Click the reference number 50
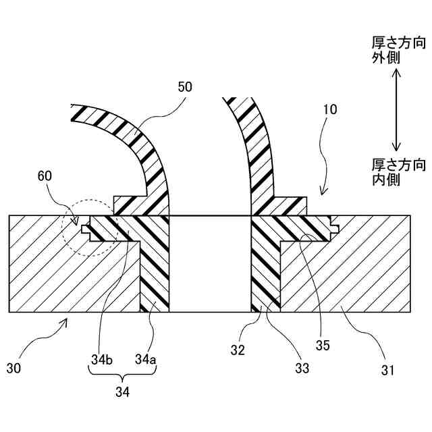click(x=184, y=87)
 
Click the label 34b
click(x=99, y=360)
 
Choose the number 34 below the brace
click(x=123, y=391)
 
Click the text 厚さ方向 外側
click(x=398, y=51)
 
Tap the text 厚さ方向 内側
click(x=398, y=172)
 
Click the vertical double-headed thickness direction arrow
click(x=397, y=111)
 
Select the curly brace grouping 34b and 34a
click(x=123, y=375)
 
